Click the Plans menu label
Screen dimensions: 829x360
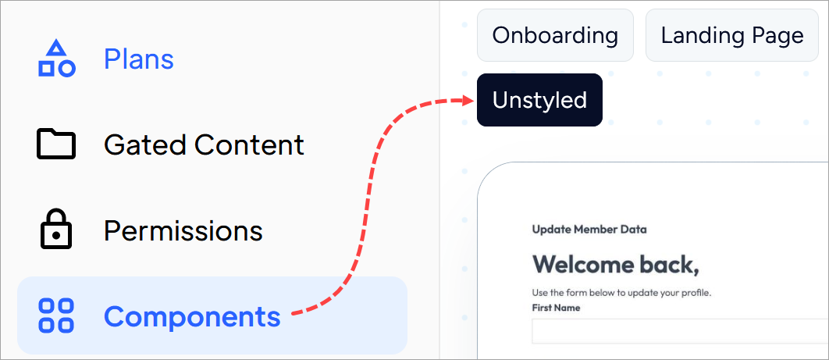point(138,59)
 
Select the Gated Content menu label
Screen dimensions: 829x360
point(204,144)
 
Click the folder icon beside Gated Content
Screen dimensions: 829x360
point(56,143)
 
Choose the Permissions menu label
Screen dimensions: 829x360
point(183,230)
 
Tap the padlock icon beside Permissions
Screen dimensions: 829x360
point(56,229)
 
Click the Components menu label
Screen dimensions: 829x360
point(193,316)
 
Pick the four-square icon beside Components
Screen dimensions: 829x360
point(56,315)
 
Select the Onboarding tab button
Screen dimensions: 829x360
point(555,35)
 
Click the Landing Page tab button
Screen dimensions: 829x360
point(732,35)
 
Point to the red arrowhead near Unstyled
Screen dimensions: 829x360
point(468,100)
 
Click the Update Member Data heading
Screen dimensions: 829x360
point(589,230)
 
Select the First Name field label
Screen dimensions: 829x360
point(556,308)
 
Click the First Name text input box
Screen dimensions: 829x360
point(680,331)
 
